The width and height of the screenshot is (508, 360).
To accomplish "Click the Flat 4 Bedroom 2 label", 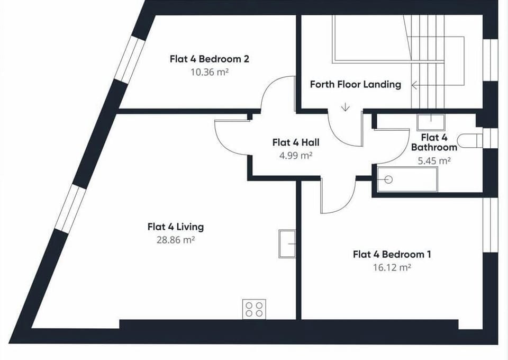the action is tap(210, 59).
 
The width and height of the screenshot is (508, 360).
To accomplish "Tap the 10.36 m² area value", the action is tap(210, 72).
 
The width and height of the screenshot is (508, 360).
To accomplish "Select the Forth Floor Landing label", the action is tap(356, 84).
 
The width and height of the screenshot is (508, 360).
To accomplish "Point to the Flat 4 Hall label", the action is tap(296, 142).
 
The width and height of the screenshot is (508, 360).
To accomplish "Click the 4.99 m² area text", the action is tap(296, 156).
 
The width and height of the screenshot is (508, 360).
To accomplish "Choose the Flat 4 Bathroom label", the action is tap(434, 142).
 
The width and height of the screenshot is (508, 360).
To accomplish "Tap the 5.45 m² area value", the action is tap(434, 161).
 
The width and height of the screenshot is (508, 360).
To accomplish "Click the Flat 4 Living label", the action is tap(176, 227).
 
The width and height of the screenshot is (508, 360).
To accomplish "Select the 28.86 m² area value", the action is tap(176, 240).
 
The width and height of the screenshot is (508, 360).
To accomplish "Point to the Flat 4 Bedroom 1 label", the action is tap(392, 254).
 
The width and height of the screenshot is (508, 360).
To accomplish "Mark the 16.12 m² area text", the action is tap(392, 268).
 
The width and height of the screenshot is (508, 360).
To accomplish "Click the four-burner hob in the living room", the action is tap(255, 309).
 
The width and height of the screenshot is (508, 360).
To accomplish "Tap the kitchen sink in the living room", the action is tap(287, 244).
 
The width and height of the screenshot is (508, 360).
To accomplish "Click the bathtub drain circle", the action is tap(388, 179).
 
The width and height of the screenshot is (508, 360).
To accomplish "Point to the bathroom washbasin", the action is tap(431, 122).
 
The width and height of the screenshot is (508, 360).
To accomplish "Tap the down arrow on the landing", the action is tap(346, 107).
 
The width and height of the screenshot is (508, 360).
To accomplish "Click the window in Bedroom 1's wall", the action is tap(490, 225).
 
